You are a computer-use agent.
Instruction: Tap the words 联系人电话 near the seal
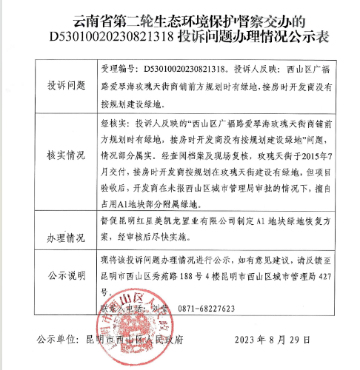[121, 309]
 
